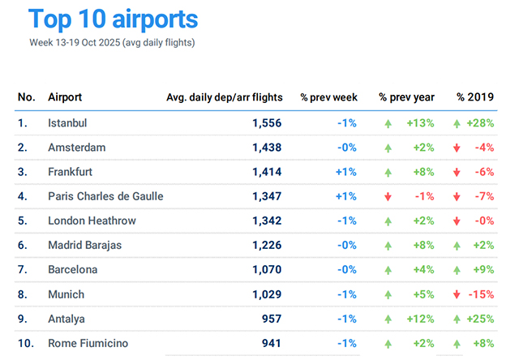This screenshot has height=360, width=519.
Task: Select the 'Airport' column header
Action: click(66, 97)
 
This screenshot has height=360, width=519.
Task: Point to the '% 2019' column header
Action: click(475, 97)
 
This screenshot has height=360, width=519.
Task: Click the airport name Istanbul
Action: click(67, 123)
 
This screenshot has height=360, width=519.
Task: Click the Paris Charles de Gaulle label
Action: click(105, 196)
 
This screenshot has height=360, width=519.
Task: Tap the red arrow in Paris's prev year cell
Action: click(388, 197)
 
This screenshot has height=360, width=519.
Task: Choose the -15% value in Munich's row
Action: click(485, 294)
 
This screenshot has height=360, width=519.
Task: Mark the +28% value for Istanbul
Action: click(485, 123)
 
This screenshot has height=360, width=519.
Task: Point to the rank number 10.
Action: click(26, 343)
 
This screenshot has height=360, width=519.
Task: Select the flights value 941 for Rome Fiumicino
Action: click(272, 343)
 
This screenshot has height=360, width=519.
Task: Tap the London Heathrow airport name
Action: click(92, 221)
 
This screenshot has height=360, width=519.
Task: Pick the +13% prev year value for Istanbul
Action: click(418, 123)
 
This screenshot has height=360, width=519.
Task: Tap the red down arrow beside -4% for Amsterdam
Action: click(459, 148)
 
